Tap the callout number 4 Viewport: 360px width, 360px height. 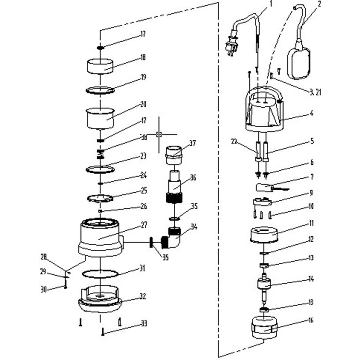[x=311, y=113]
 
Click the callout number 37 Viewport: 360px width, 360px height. [x=192, y=143]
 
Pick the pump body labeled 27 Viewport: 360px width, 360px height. [x=100, y=236]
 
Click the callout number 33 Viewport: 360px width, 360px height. [x=144, y=323]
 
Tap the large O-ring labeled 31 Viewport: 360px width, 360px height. [x=100, y=273]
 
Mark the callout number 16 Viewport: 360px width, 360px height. [x=311, y=320]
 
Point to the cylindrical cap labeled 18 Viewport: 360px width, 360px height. [x=100, y=67]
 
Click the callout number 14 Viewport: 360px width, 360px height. [x=311, y=279]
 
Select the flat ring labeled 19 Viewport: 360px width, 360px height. [x=100, y=90]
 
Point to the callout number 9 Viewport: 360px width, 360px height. [x=311, y=193]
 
